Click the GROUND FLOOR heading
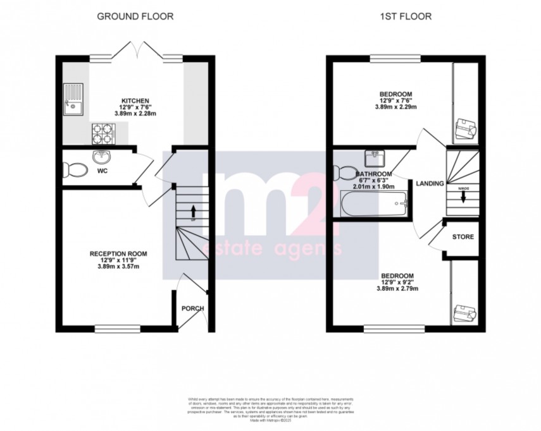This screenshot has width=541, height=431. tap(135, 16)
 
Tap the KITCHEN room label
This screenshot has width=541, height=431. tap(135, 100)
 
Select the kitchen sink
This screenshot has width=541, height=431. tap(74, 101)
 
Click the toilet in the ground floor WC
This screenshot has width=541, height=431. tap(74, 169)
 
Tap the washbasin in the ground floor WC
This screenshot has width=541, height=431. tap(101, 156)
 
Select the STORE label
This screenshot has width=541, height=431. tap(463, 237)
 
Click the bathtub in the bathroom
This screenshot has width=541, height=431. tap(373, 205)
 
